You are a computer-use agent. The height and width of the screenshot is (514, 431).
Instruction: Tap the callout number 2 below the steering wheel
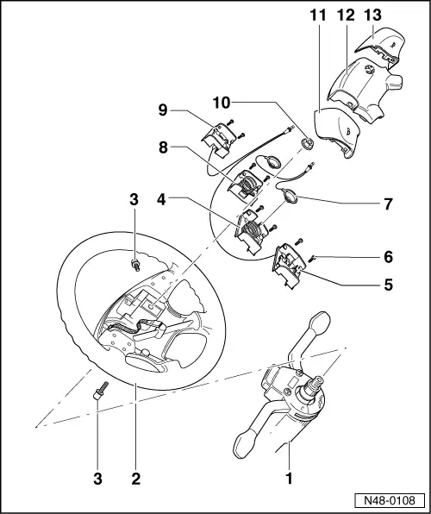(x=135, y=474)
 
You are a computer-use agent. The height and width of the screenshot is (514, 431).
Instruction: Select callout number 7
(x=388, y=204)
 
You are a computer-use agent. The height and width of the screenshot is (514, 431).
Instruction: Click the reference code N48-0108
(x=390, y=499)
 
